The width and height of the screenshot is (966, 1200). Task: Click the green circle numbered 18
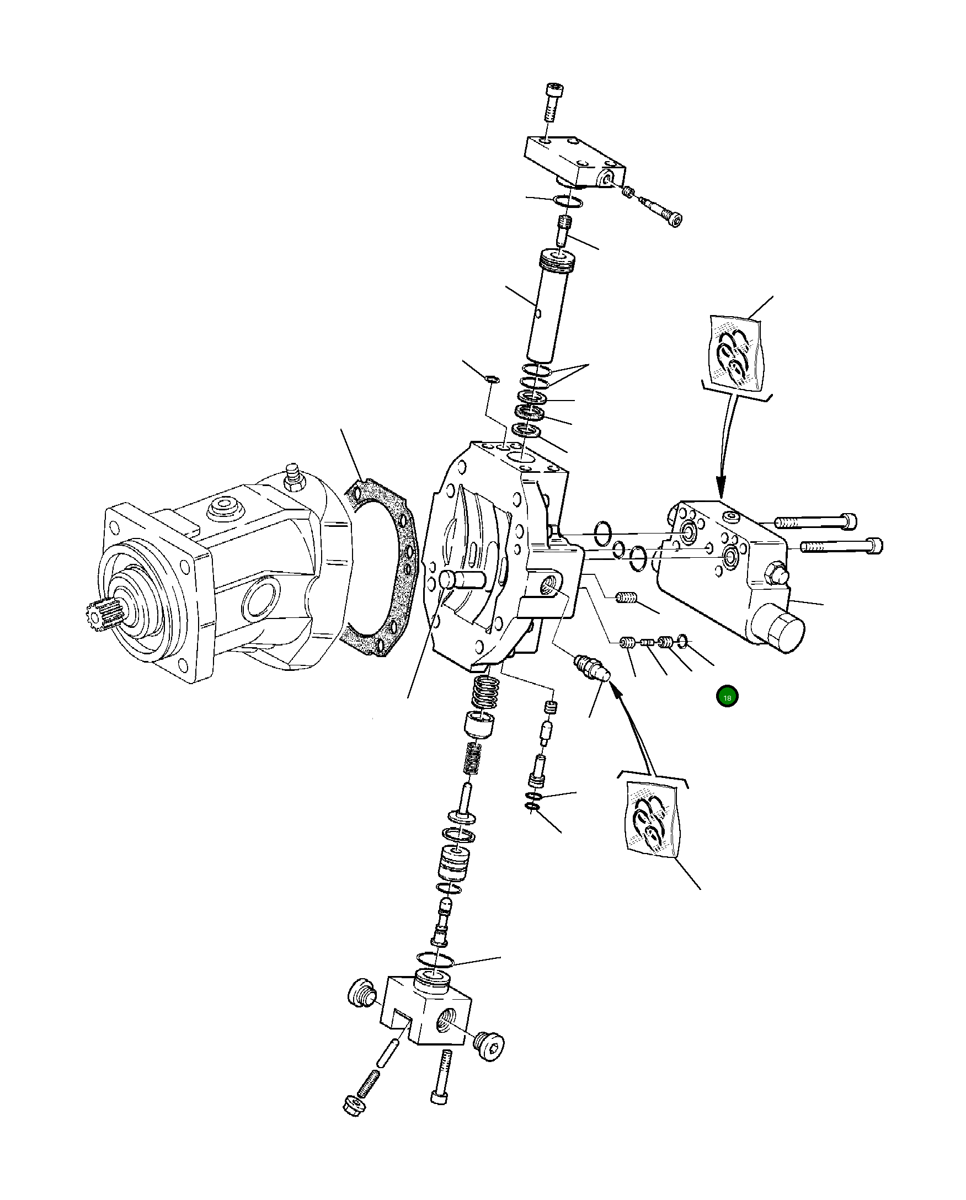727,697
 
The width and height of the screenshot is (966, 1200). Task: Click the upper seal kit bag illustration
734,352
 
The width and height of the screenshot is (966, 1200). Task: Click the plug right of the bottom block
490,1047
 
